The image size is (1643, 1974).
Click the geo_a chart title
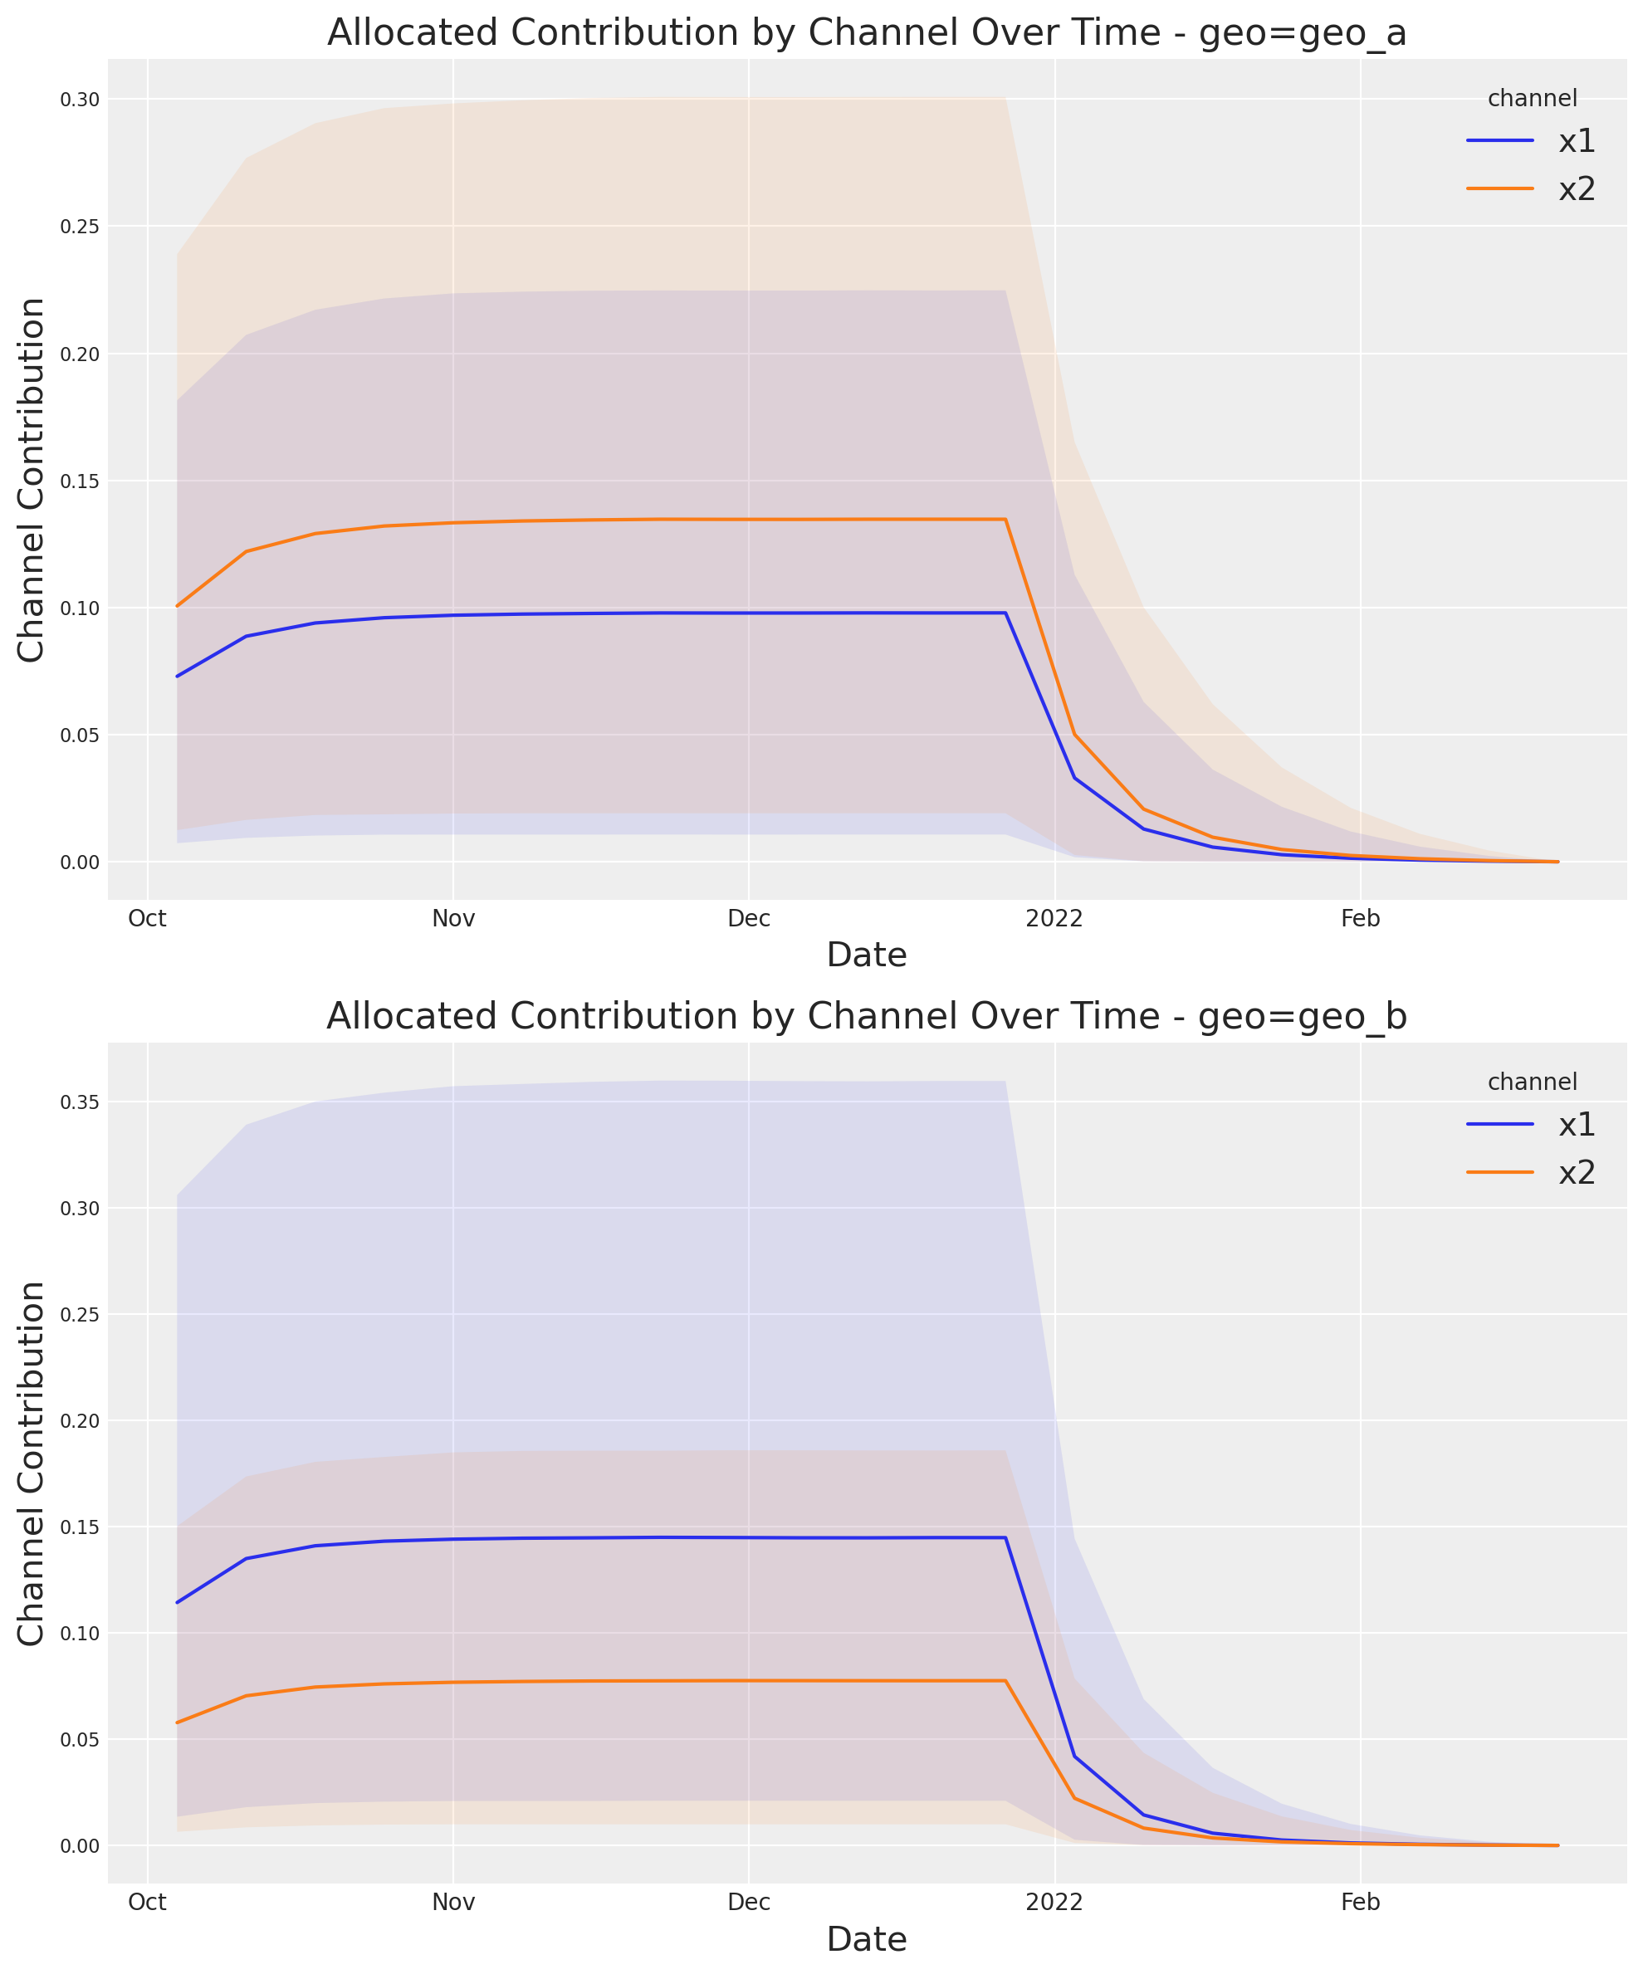point(866,33)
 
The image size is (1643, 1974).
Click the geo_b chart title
point(866,1016)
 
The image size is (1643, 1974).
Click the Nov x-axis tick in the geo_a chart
point(453,918)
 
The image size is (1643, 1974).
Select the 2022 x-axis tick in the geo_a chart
point(1054,918)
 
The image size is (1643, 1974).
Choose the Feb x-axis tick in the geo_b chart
point(1360,1902)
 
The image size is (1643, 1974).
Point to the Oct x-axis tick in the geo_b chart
point(148,1902)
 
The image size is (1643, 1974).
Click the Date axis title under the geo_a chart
point(866,955)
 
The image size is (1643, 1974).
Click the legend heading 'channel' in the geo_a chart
point(1532,98)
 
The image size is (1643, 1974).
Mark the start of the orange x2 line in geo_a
point(177,606)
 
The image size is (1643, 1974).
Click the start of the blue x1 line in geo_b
point(177,1603)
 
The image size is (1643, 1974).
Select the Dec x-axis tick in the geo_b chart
point(749,1902)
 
